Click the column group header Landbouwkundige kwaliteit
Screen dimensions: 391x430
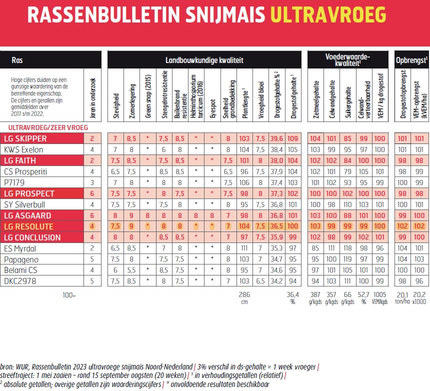click(x=204, y=60)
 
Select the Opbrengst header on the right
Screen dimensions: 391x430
click(x=411, y=60)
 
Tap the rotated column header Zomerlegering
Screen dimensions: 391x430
click(x=132, y=100)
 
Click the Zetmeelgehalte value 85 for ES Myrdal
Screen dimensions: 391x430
click(x=315, y=248)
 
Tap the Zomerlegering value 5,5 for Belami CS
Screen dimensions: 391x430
click(x=132, y=270)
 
